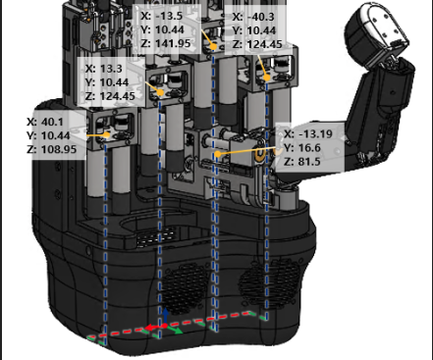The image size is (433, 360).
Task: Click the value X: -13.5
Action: [x=161, y=16]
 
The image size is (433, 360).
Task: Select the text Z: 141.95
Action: [x=166, y=43]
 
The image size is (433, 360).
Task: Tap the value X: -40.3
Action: [x=253, y=17]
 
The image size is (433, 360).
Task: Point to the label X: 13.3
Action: [x=104, y=69]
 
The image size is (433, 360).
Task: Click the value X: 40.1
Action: [x=45, y=122]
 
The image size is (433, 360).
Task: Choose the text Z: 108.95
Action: [x=52, y=149]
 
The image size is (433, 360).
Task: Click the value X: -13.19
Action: [x=308, y=134]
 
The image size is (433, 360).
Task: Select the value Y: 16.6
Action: [x=302, y=148]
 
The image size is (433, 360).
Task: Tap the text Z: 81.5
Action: [x=302, y=162]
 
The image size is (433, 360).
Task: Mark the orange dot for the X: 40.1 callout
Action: [x=107, y=134]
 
